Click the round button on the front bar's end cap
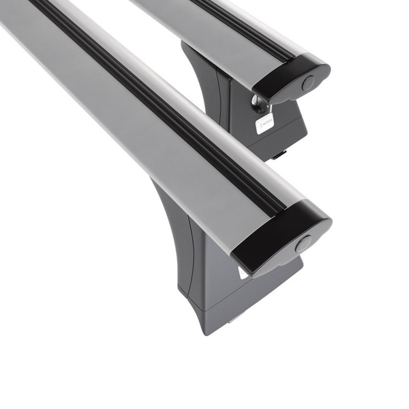pyautogui.click(x=303, y=243)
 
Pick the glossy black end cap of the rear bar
pyautogui.click(x=292, y=78)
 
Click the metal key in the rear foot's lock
pyautogui.click(x=259, y=104)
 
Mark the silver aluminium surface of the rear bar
pyautogui.click(x=204, y=27)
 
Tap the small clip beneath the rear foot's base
pyautogui.click(x=279, y=155)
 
